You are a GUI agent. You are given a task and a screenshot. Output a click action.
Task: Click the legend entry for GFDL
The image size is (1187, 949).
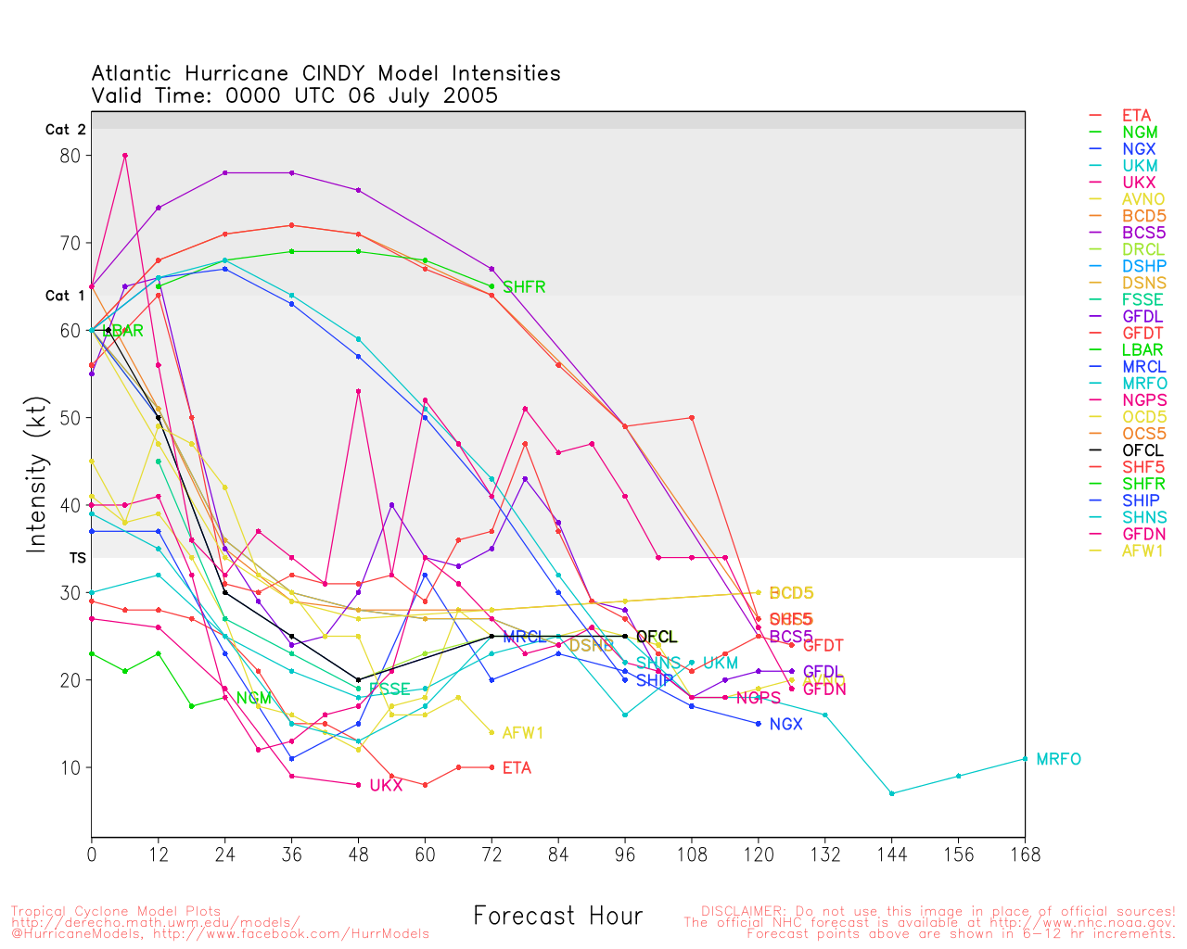[x=1142, y=317]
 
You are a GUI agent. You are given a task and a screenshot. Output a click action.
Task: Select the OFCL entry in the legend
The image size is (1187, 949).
[x=1142, y=450]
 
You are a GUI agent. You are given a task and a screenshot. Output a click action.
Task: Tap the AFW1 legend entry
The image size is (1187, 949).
[x=1142, y=550]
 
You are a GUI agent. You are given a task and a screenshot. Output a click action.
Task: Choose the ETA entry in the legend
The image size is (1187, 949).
[x=1136, y=116]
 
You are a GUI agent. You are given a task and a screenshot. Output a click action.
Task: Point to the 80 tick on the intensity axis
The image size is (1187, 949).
[x=70, y=156]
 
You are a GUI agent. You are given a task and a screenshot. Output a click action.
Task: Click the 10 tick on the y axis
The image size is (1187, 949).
[x=70, y=767]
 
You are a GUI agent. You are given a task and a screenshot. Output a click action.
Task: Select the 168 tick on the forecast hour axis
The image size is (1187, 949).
[x=1025, y=854]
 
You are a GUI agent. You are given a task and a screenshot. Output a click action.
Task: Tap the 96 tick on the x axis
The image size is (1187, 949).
[x=625, y=854]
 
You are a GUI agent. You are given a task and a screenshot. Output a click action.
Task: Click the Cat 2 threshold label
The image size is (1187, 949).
[x=65, y=130]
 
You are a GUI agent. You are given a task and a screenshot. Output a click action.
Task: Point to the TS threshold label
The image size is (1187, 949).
[x=77, y=559]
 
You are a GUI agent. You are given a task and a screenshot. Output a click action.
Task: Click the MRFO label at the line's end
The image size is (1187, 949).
[x=1058, y=759]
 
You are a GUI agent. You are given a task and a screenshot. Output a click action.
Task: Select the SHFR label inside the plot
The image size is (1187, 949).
[x=524, y=287]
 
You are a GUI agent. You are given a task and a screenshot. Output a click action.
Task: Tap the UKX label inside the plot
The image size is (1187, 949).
[x=386, y=786]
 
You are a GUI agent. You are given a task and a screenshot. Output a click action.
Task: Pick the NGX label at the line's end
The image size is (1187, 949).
[x=785, y=724]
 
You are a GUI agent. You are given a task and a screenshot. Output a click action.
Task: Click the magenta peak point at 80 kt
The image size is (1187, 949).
[x=125, y=156]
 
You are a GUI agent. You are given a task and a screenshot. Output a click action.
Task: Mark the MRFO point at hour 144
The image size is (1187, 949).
[x=891, y=793]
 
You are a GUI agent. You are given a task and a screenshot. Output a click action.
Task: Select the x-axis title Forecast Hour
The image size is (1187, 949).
[x=557, y=916]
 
